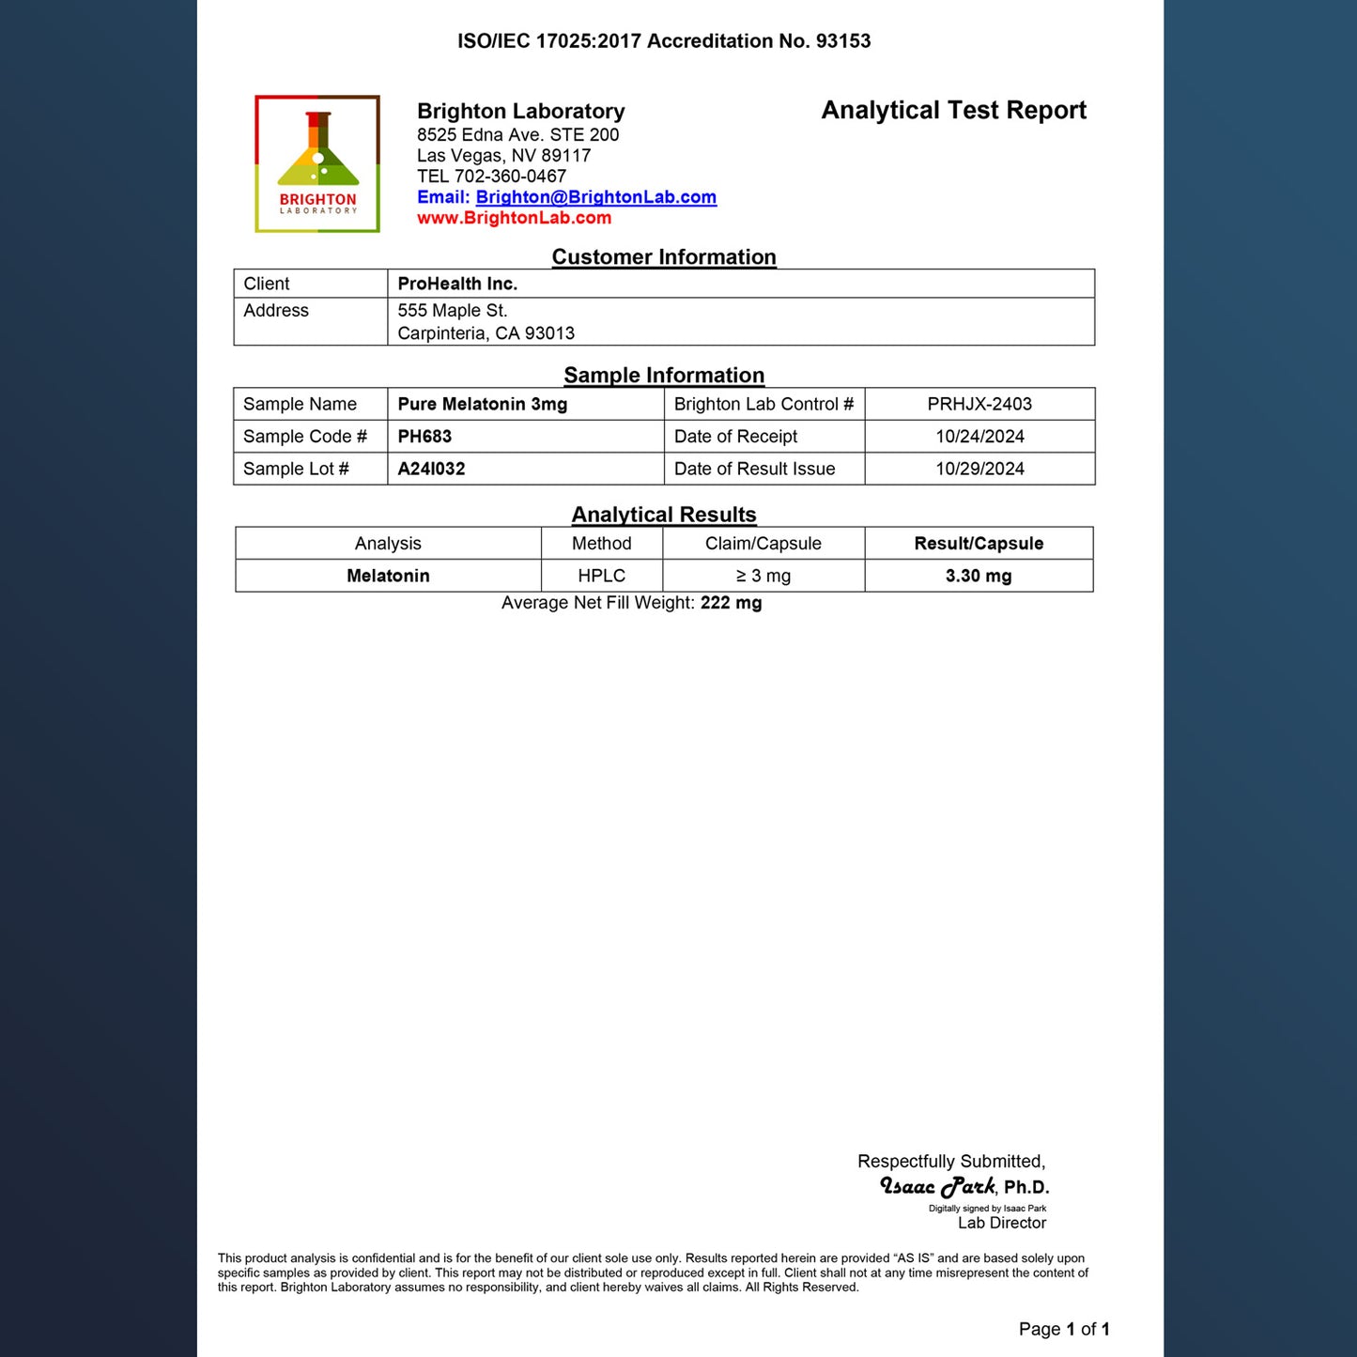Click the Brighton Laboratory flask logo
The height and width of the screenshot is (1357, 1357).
point(317,163)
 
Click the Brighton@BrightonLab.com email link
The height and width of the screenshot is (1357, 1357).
point(595,197)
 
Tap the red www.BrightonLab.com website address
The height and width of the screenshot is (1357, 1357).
point(514,218)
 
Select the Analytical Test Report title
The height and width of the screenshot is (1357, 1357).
point(953,111)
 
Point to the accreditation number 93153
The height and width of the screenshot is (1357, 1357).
point(843,41)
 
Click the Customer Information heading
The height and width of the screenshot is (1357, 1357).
point(664,257)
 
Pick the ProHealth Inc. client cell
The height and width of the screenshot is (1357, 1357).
point(457,284)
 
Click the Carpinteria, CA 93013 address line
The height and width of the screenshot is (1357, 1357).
point(486,333)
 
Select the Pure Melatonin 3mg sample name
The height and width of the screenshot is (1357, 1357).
point(482,405)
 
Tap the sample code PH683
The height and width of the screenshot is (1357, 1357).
point(424,437)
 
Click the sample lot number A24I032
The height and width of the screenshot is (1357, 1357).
point(431,469)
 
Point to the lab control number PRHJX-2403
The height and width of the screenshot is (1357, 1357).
point(979,405)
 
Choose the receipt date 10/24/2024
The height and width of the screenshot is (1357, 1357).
point(979,437)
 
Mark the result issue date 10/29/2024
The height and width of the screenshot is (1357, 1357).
point(979,469)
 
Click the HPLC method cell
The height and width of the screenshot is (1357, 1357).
point(601,576)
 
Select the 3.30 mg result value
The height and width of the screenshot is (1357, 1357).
point(979,576)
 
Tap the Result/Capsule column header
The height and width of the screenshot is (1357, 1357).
point(979,544)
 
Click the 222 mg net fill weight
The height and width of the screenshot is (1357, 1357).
point(731,603)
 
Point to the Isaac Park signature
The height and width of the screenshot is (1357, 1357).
point(936,1187)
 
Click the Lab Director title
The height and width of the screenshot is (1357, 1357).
point(1001,1223)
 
